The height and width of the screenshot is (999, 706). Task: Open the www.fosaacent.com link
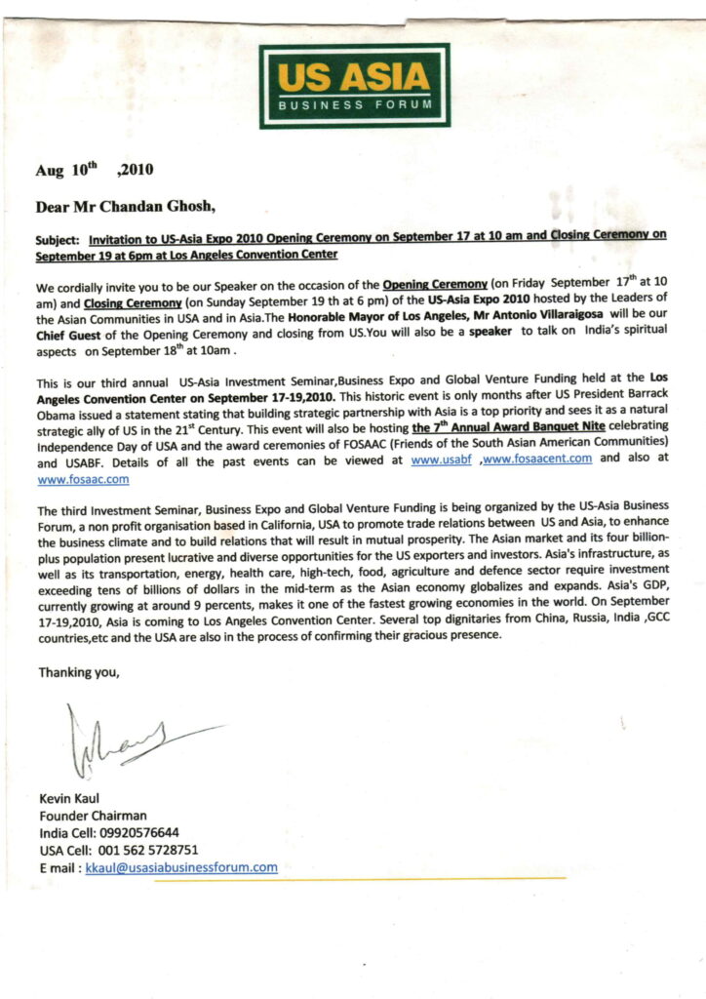(537, 461)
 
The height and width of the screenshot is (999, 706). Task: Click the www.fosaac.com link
(83, 479)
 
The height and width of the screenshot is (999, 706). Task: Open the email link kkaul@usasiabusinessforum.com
(181, 867)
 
